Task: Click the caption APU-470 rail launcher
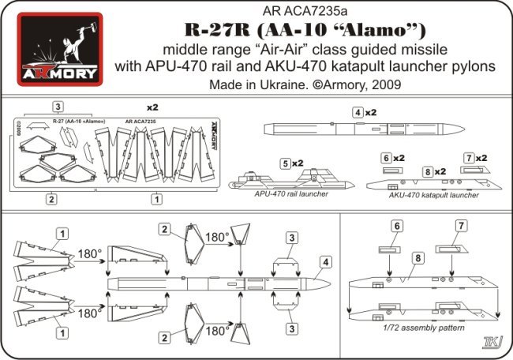coord(279,193)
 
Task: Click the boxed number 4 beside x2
coord(358,113)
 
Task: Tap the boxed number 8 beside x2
coord(427,171)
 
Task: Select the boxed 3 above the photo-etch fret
coord(58,107)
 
